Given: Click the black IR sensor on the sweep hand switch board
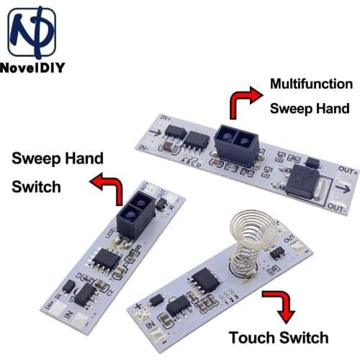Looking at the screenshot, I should (138, 216).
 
